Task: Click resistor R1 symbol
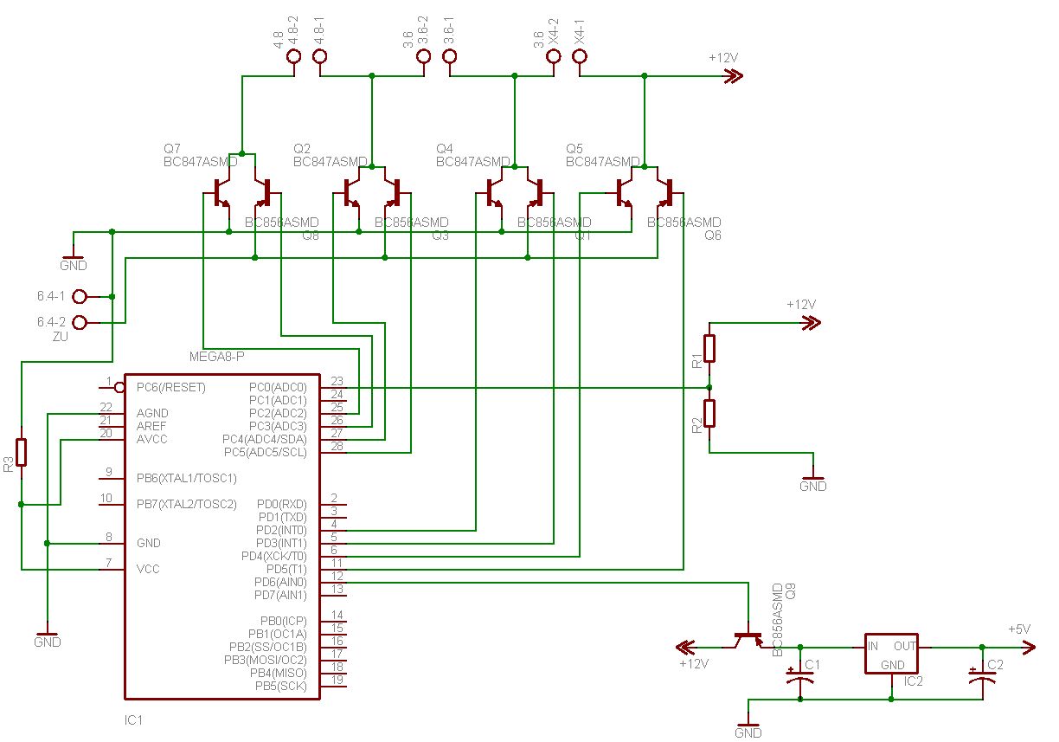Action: click(709, 348)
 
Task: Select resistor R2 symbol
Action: click(709, 414)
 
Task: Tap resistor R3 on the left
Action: click(22, 452)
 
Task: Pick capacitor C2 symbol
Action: click(981, 675)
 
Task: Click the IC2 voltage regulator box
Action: click(891, 654)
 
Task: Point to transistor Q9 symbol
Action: click(747, 639)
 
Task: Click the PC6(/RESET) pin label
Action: click(171, 387)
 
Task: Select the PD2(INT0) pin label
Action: click(281, 530)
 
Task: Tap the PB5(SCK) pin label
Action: click(283, 686)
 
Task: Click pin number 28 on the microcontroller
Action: click(337, 446)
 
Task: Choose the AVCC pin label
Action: click(152, 439)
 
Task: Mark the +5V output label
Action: click(1018, 629)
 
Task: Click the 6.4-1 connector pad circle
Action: click(80, 297)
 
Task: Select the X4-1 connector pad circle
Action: click(580, 57)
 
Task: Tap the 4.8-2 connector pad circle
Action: click(293, 57)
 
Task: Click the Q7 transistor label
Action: click(172, 149)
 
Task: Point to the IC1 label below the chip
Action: click(133, 720)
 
